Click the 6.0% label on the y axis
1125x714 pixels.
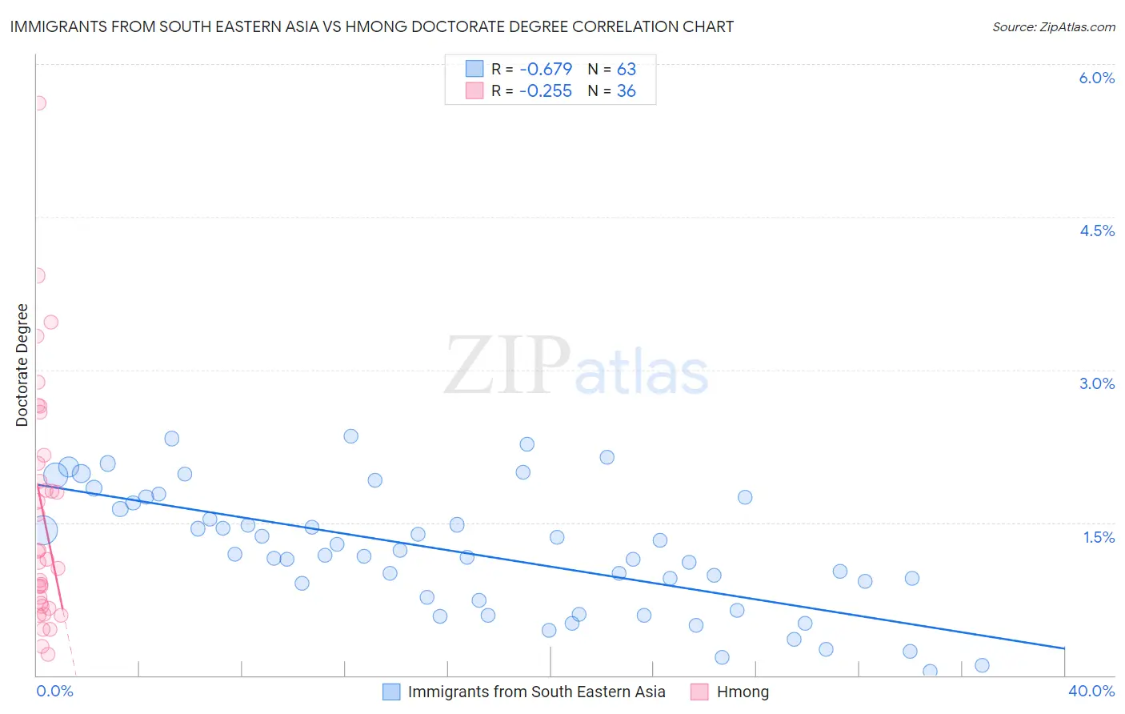[1096, 78]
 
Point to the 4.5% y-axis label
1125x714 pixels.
[1096, 231]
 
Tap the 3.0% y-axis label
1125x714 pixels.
[1096, 383]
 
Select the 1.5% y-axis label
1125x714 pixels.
[1099, 537]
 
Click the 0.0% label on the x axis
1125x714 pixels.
[54, 691]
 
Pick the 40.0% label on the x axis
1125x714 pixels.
[1091, 691]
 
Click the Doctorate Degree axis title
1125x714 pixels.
[22, 365]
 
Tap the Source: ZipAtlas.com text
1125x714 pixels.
[1053, 26]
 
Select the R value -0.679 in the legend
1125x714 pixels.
[546, 69]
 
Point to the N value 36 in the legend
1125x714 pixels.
[626, 91]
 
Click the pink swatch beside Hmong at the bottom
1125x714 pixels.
[699, 692]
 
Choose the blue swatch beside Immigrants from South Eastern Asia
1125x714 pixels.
[391, 692]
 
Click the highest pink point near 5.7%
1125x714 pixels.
[38, 103]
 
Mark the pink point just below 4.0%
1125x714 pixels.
[37, 275]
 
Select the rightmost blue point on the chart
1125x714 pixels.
[982, 665]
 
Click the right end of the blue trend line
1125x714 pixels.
[1064, 648]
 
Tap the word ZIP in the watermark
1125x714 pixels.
[506, 366]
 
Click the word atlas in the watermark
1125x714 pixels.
[642, 372]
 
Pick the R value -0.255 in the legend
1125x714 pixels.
[546, 91]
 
